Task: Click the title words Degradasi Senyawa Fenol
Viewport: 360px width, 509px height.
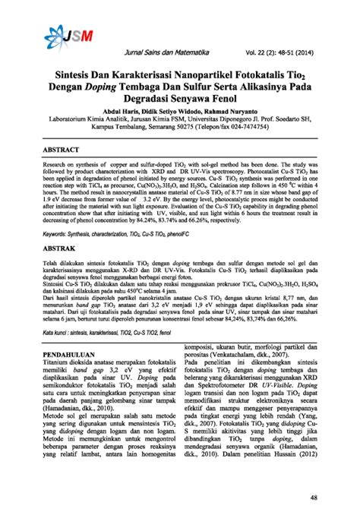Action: pyautogui.click(x=180, y=103)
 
